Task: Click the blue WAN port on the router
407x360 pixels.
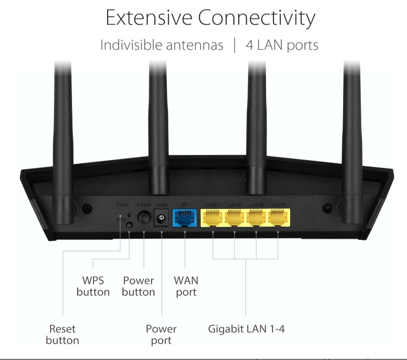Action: coord(185,218)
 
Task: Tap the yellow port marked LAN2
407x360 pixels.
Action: coord(234,218)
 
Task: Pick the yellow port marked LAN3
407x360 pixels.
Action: coord(256,218)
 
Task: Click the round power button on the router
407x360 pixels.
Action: coord(144,218)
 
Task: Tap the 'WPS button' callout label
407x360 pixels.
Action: coord(93,286)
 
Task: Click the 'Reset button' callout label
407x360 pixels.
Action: coord(62,334)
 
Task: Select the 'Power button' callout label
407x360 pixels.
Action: coord(138,286)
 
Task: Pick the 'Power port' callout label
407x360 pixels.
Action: coord(161,334)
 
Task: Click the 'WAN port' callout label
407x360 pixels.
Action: coord(186,286)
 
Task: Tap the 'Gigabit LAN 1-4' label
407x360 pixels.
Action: coord(246,329)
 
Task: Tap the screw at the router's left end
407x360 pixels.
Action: coord(86,208)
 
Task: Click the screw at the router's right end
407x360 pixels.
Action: coord(327,208)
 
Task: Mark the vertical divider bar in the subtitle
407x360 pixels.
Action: coord(234,45)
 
